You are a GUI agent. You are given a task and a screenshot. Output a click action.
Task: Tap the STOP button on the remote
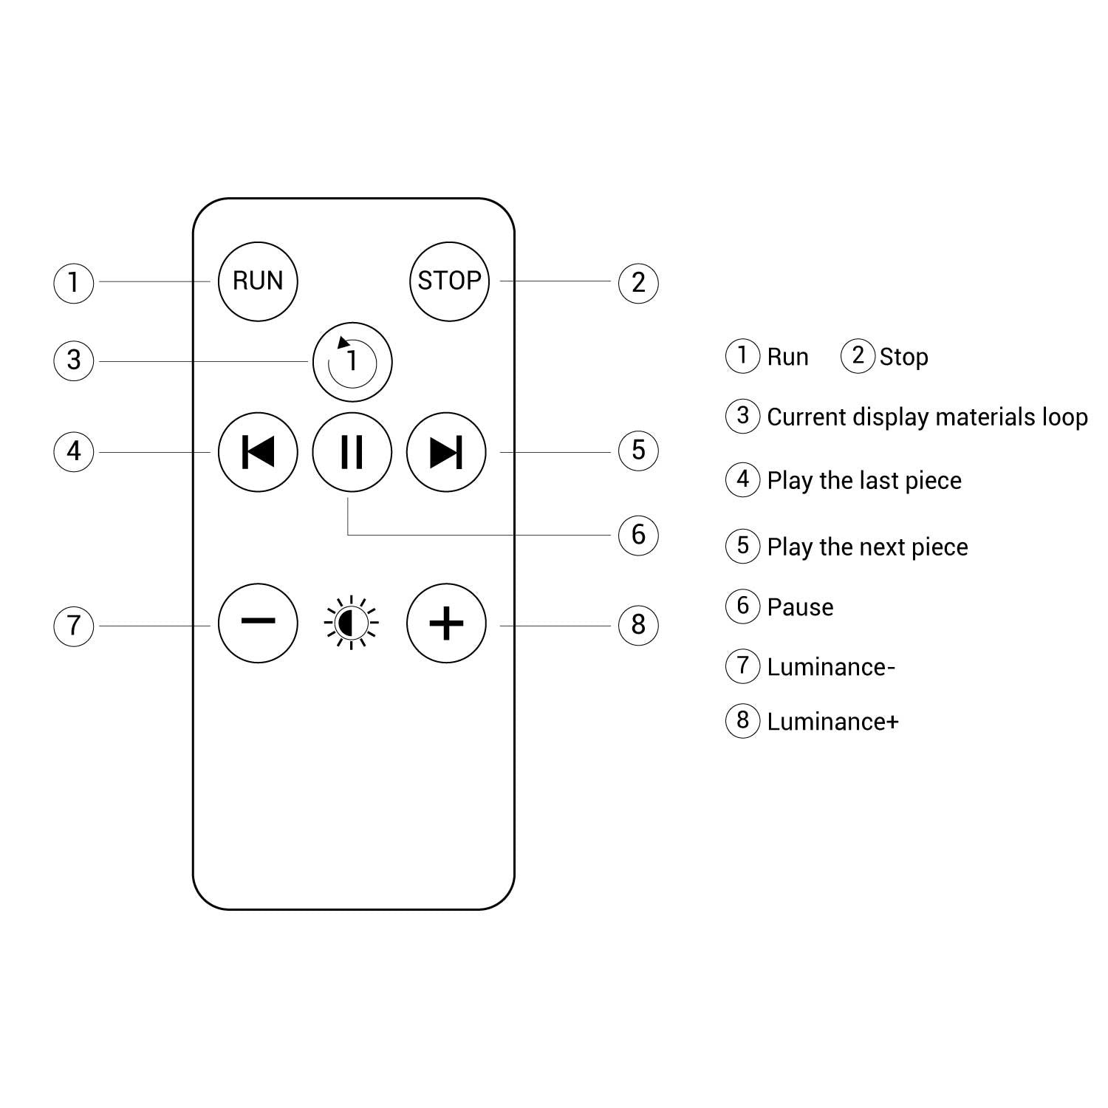point(449,281)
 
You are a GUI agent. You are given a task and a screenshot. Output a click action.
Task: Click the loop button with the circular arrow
point(352,362)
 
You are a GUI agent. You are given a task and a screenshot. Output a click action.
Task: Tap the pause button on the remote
point(352,452)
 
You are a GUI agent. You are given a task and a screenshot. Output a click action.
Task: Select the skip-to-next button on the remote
point(446,452)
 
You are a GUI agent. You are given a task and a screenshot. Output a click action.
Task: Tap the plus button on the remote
point(446,623)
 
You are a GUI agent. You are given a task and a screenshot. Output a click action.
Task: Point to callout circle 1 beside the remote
point(74,282)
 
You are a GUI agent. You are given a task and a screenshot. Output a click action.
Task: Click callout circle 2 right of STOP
point(638,282)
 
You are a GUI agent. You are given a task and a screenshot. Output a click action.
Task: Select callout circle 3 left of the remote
point(74,360)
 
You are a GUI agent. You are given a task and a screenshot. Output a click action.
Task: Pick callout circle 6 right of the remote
point(638,535)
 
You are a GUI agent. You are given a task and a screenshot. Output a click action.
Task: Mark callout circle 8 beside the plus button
point(638,625)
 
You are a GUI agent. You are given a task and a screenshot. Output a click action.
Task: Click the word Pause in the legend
point(800,607)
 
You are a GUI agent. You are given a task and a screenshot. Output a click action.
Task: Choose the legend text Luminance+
point(832,722)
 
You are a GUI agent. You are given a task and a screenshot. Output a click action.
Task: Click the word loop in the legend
point(1064,417)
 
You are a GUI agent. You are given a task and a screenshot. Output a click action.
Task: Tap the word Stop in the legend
point(903,358)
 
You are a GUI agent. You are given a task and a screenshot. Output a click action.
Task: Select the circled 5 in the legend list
point(743,546)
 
